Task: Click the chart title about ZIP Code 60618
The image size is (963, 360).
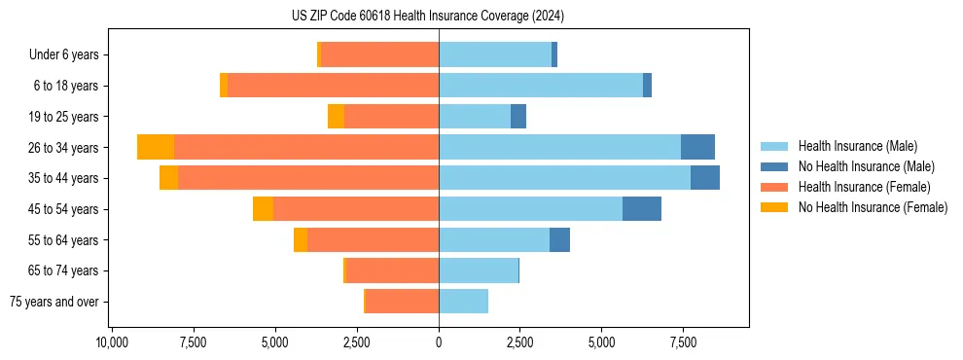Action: [x=428, y=16]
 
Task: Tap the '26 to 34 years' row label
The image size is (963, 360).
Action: [x=63, y=148]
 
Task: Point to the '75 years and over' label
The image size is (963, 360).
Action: [x=54, y=302]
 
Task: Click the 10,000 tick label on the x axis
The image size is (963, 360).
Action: [x=113, y=342]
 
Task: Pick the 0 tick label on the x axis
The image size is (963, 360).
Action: [x=439, y=342]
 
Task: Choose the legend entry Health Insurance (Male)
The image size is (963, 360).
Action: [x=857, y=146]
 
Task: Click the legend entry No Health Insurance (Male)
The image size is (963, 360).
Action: [x=866, y=166]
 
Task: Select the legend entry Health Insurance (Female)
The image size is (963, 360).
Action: [x=864, y=187]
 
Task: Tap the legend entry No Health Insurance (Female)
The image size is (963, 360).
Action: [x=873, y=207]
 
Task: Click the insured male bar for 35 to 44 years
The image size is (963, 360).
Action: [x=564, y=178]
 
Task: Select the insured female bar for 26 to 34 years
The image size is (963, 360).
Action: [x=306, y=147]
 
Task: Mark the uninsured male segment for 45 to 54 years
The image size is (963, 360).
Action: [x=642, y=209]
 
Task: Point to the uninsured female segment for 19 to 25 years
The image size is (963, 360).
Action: [x=336, y=117]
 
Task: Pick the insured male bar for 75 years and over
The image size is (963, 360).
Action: [x=463, y=302]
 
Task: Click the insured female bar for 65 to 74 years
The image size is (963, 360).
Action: [x=392, y=270]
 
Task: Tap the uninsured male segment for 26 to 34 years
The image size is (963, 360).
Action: [x=697, y=147]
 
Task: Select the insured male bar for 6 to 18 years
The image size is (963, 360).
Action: [x=541, y=86]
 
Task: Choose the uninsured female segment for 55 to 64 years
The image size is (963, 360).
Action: [x=301, y=240]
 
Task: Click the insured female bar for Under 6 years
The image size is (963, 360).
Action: [x=379, y=55]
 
